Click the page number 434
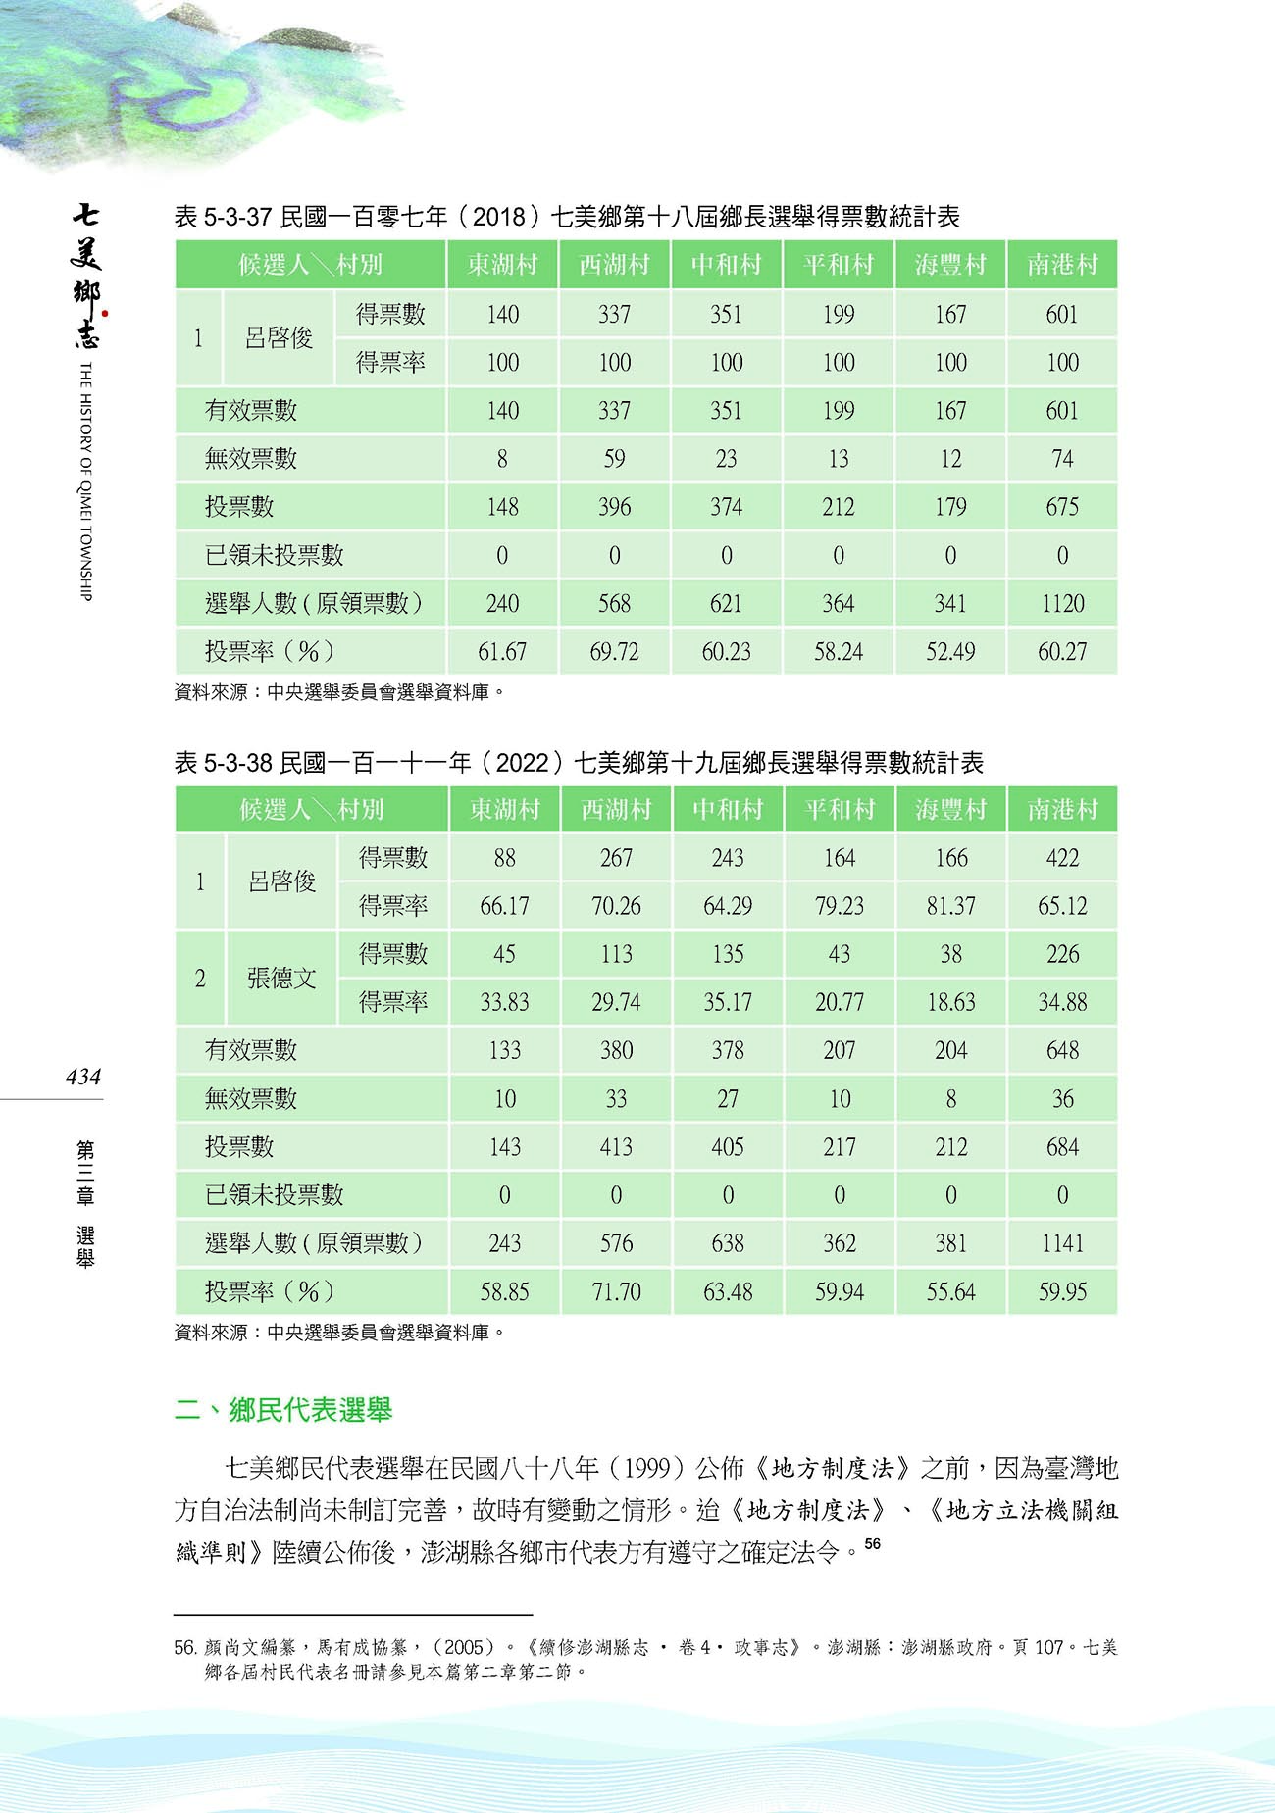click(83, 1077)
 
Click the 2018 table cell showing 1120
click(1062, 603)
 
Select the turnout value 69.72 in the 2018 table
click(614, 651)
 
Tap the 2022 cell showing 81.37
click(950, 906)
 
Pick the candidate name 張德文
click(281, 978)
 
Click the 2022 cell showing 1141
click(1062, 1243)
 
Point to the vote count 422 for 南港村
click(1062, 858)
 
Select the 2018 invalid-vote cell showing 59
click(614, 459)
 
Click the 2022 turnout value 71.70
click(616, 1291)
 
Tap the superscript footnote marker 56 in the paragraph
click(872, 1544)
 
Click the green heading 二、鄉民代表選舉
click(283, 1410)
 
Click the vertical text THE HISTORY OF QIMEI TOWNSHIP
click(85, 480)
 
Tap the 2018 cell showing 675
click(1062, 507)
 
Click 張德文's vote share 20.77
click(839, 1002)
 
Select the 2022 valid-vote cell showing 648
click(1062, 1050)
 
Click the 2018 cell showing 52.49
click(950, 651)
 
